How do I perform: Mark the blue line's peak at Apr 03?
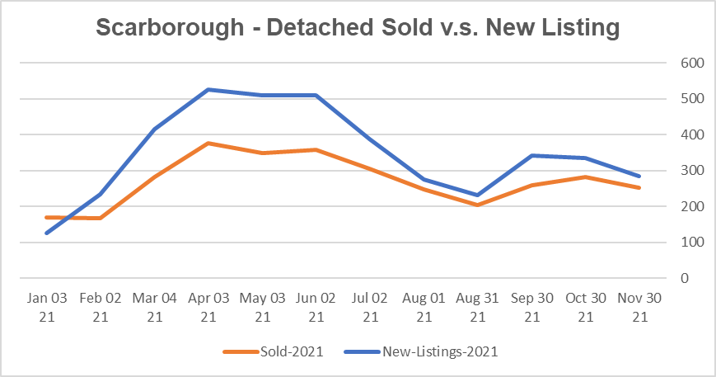click(208, 89)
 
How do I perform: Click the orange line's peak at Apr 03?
click(208, 144)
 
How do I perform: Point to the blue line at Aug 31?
click(478, 196)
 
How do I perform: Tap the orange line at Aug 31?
click(478, 205)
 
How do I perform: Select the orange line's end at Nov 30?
click(639, 188)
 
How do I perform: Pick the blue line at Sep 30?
click(531, 155)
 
